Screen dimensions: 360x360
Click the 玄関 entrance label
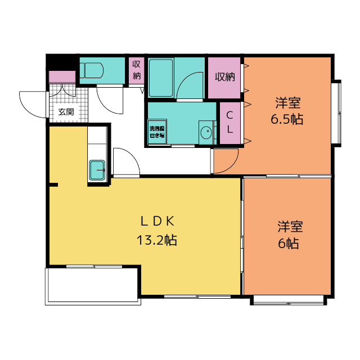[66, 111]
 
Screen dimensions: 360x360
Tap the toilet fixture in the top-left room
[91, 70]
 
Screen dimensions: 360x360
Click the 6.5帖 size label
[287, 120]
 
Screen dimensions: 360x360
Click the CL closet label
[229, 122]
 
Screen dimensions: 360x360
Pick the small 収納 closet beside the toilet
[136, 71]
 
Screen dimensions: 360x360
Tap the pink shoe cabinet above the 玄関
[62, 77]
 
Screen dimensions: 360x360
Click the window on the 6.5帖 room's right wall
[337, 112]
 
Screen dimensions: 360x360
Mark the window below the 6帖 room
[288, 300]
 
